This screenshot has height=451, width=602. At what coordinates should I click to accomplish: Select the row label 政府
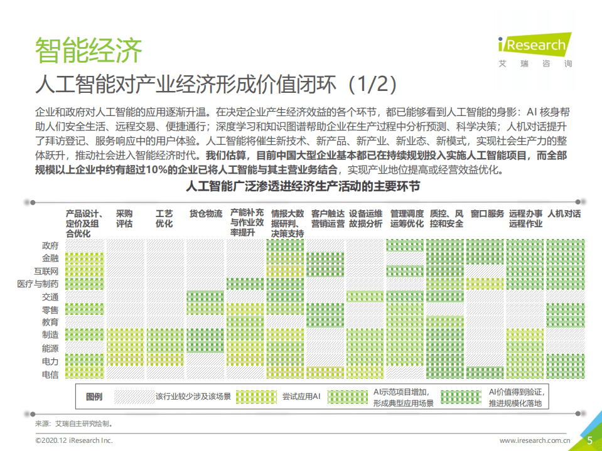pos(50,245)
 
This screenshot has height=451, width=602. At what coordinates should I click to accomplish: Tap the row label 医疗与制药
pos(38,284)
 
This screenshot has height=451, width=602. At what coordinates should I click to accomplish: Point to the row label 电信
pos(50,374)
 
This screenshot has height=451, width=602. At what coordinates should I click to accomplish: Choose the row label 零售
pos(50,310)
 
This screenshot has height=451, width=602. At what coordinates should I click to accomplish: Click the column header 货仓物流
pos(206,214)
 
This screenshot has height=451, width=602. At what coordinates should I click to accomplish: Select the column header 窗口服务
pos(487,214)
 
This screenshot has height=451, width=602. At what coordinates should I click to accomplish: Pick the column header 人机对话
pos(564,214)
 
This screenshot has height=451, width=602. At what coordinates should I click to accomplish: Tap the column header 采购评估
pos(124,219)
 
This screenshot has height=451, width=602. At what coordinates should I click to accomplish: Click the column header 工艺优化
pos(164,219)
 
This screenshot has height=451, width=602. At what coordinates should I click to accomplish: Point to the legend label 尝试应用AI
pos(301,396)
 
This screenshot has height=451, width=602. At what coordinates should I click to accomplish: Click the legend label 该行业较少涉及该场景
pos(193,396)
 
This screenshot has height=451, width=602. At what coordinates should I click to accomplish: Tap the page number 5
pos(589,440)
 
